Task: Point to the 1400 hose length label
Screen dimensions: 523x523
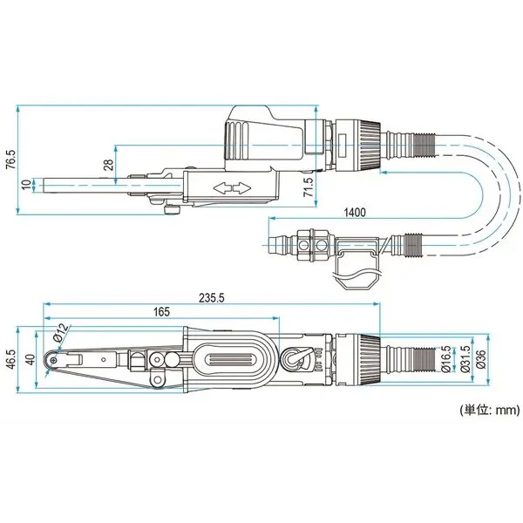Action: (355, 212)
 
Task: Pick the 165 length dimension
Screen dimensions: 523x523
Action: (161, 312)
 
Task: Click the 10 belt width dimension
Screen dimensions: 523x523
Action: (27, 185)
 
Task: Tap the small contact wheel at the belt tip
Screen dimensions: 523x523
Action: (55, 358)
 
